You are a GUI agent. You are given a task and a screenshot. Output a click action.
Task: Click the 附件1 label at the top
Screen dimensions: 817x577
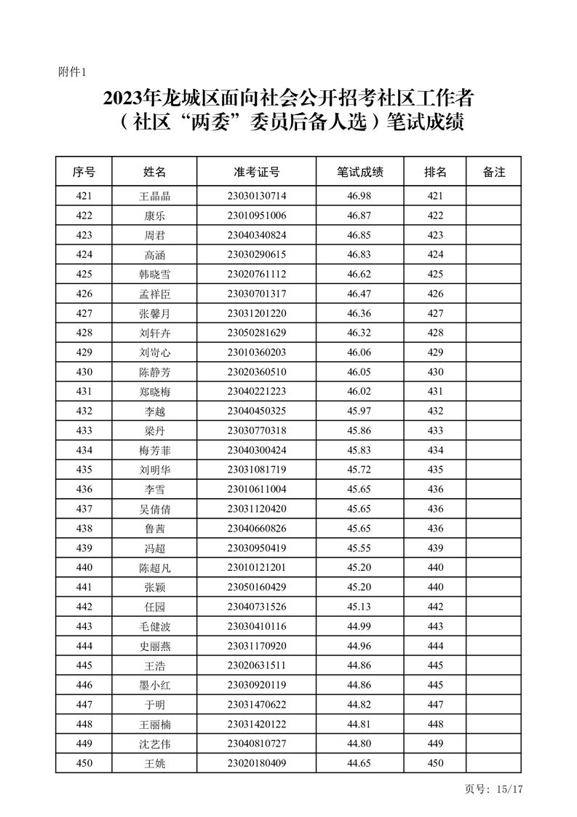click(x=72, y=72)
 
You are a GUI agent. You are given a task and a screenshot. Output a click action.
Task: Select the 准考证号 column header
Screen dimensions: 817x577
click(x=257, y=173)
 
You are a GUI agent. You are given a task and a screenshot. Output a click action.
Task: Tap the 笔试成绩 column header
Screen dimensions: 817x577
click(x=359, y=173)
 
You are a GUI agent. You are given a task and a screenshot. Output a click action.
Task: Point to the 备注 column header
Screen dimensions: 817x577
click(x=493, y=173)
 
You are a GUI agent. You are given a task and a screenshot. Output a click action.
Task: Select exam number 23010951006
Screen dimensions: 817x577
click(x=257, y=216)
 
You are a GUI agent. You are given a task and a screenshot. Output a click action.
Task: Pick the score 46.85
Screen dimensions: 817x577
click(x=359, y=235)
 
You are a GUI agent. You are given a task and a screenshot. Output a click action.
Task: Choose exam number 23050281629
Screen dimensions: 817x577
click(x=257, y=333)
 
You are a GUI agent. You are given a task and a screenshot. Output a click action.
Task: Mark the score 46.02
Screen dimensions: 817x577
click(x=359, y=392)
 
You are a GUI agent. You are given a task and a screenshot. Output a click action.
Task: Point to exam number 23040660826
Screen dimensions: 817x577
click(x=257, y=529)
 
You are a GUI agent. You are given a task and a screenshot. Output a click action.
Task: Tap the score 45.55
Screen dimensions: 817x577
click(x=359, y=548)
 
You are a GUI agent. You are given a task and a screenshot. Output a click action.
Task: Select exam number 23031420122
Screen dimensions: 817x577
click(x=257, y=725)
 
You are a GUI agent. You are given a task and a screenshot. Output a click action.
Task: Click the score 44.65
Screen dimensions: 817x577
click(x=359, y=764)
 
